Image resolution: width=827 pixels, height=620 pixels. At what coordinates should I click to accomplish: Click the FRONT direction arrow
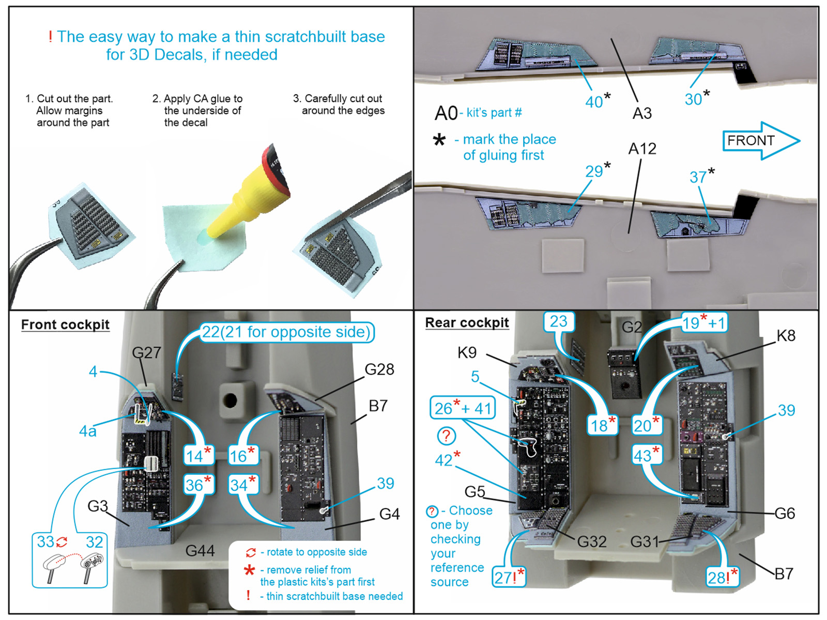tap(760, 141)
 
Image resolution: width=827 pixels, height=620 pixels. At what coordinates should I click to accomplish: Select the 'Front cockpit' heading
tap(65, 324)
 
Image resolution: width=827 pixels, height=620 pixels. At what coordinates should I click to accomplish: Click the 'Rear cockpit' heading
tap(467, 322)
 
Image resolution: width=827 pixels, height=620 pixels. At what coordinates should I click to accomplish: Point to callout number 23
tap(558, 321)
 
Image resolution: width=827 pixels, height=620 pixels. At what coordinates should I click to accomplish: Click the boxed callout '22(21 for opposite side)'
tap(287, 332)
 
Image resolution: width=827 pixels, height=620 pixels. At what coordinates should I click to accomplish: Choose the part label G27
tap(147, 353)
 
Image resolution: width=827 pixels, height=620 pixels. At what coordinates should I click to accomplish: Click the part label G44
tap(200, 551)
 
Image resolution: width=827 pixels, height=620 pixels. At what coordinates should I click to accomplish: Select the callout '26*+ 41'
tap(463, 408)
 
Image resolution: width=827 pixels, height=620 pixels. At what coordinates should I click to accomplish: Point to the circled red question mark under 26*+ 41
tap(447, 436)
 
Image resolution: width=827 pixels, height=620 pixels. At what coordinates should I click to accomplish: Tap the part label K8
tap(786, 336)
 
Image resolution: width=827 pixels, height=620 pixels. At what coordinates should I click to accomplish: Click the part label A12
tap(642, 149)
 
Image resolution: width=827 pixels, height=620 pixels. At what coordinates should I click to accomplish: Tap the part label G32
tap(591, 541)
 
